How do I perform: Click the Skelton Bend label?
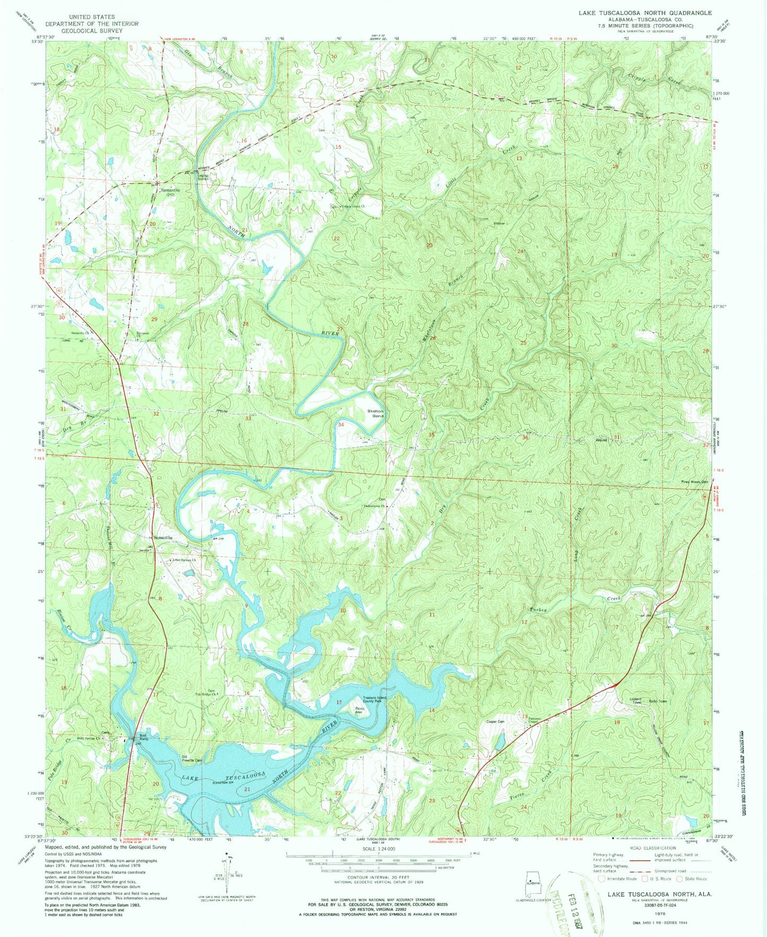pos(375,414)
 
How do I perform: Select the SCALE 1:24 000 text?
pos(378,855)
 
